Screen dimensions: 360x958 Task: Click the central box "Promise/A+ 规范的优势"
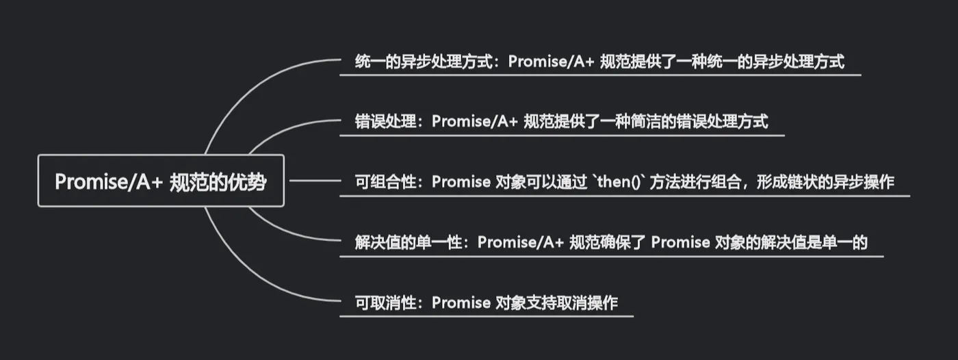click(x=161, y=181)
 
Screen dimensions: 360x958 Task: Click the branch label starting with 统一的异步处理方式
click(x=599, y=62)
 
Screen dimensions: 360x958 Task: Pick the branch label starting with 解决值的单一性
click(x=611, y=242)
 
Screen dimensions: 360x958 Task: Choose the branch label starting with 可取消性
click(x=486, y=302)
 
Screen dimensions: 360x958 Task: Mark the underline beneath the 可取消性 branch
click(x=487, y=316)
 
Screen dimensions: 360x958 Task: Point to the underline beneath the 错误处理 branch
click(x=562, y=136)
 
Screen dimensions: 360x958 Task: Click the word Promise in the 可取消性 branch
click(x=461, y=302)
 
